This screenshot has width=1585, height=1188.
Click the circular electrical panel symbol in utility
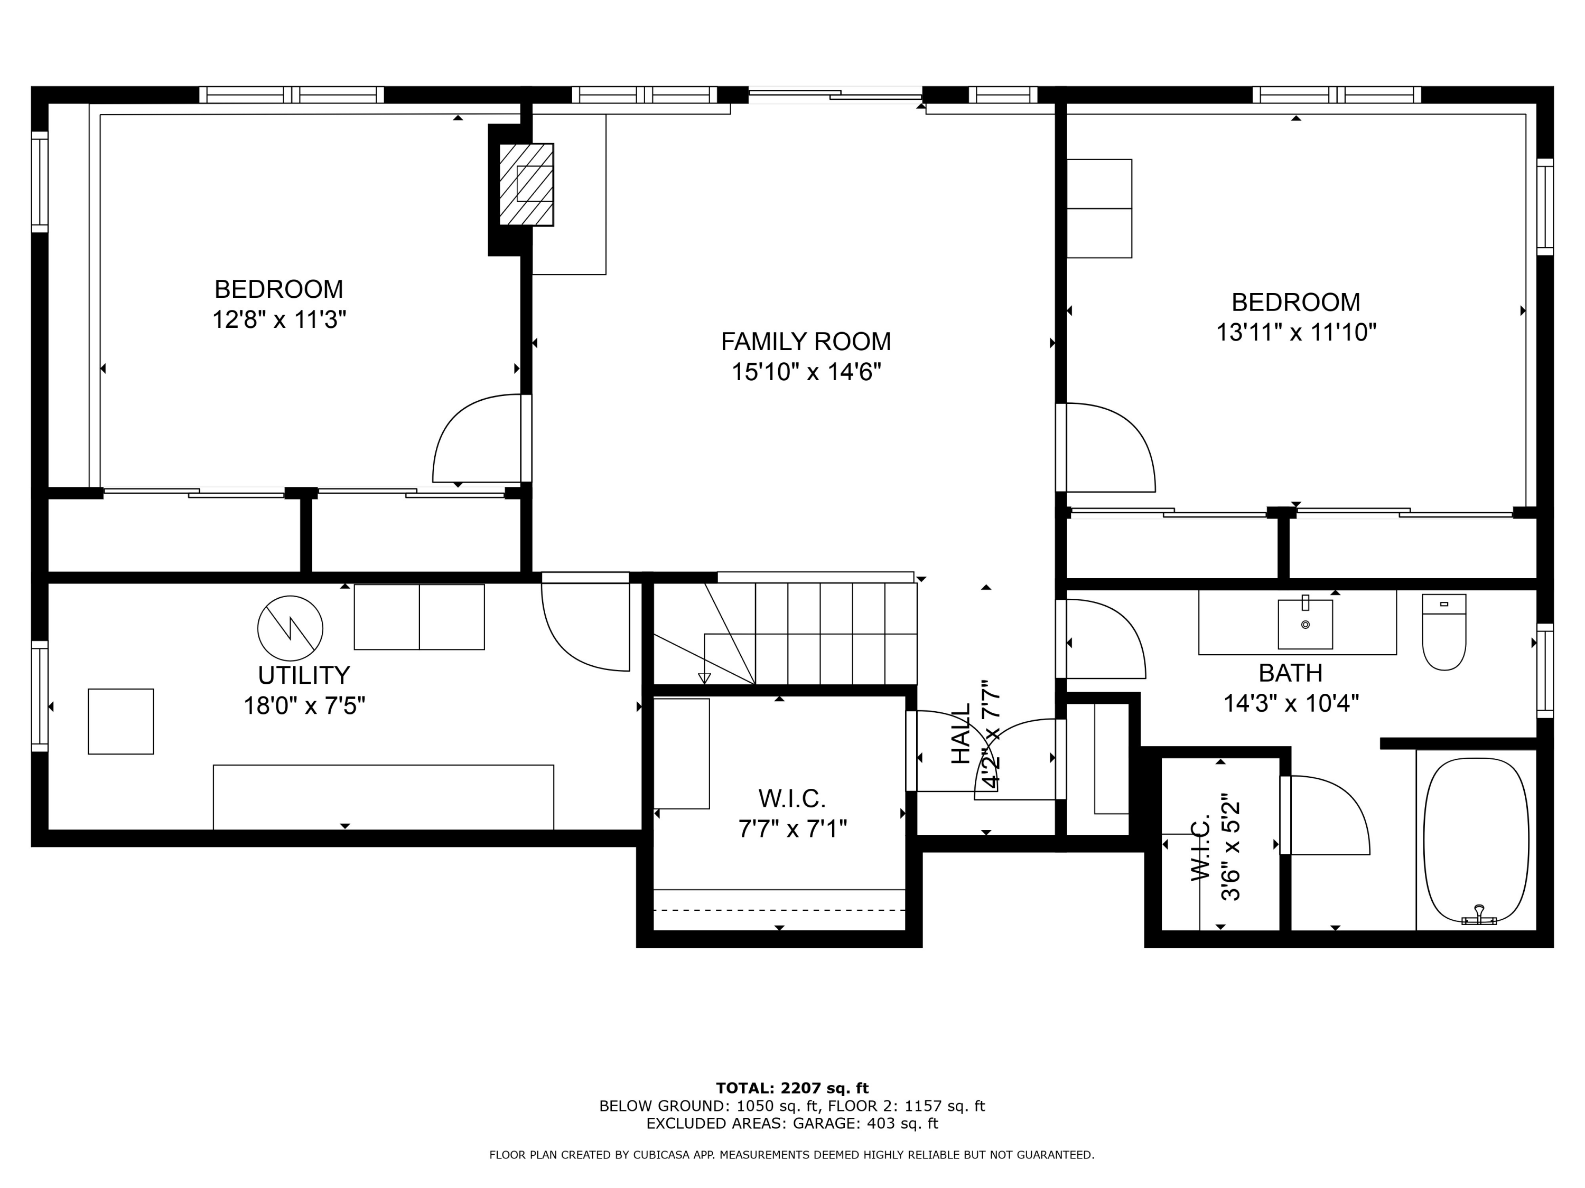[290, 628]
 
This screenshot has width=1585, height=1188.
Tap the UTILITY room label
[304, 675]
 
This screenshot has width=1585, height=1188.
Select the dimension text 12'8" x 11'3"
[279, 319]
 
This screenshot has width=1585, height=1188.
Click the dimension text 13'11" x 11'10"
[1295, 332]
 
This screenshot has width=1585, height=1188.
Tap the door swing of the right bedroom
[1111, 448]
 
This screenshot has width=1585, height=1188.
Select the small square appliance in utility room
[120, 721]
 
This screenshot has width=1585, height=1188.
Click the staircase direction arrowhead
[704, 678]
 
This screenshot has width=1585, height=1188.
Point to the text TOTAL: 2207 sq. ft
[792, 1088]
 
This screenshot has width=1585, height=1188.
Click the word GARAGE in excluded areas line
[825, 1124]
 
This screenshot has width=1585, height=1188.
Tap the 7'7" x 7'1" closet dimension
[792, 829]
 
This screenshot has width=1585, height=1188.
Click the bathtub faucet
[1478, 917]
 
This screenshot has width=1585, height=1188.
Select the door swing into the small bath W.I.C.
[1326, 816]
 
